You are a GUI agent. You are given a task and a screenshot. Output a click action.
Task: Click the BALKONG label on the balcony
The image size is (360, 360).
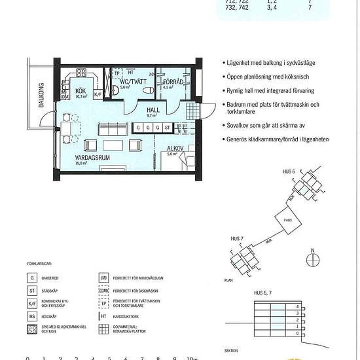point(41,96)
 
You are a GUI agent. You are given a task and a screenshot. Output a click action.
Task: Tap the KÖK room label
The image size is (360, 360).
point(81,91)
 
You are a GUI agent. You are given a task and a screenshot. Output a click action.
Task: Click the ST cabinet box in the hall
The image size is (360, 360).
point(168,127)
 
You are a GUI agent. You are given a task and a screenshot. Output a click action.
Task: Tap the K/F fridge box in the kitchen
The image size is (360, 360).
point(98,94)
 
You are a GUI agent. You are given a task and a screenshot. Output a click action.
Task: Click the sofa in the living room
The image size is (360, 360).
point(110,128)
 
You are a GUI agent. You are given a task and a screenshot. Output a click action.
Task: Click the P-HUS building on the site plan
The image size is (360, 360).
point(287,220)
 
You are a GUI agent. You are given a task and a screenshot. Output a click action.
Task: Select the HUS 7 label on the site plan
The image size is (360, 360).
point(238,239)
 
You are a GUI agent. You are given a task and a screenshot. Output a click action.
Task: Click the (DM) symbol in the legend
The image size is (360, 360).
point(103,291)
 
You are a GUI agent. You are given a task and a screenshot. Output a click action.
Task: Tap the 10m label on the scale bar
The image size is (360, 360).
point(192,358)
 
